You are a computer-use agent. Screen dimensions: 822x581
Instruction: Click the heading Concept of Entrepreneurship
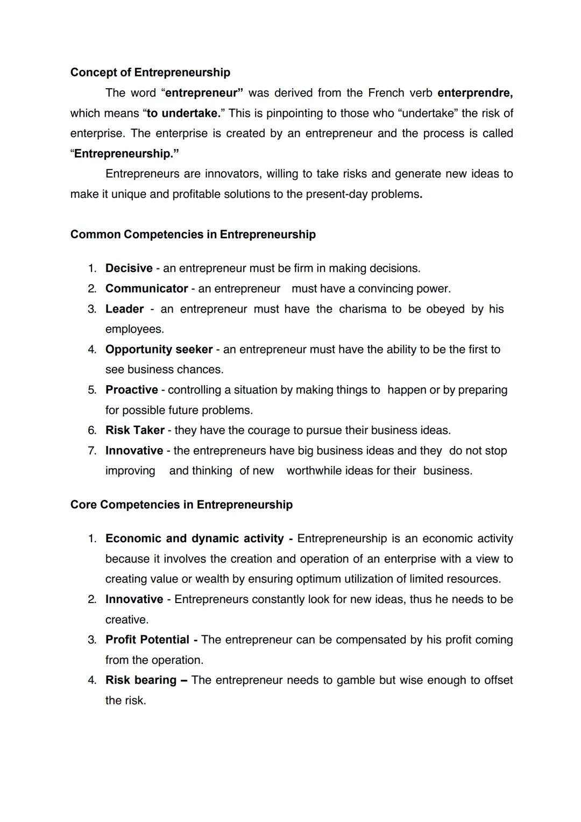[x=150, y=73]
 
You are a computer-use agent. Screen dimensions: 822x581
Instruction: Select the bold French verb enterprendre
[x=474, y=93]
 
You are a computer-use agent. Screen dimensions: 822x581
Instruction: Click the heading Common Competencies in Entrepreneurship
[x=193, y=235]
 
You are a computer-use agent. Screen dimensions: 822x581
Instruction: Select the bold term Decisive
[x=129, y=268]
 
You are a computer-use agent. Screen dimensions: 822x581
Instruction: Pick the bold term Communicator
[x=146, y=289]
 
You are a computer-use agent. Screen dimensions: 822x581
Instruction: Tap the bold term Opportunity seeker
[x=159, y=350]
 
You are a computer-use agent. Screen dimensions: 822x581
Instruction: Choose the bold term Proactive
[x=131, y=390]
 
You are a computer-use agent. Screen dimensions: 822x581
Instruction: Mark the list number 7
[x=91, y=451]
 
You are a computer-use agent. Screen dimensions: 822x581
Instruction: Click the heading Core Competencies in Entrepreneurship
[x=181, y=505]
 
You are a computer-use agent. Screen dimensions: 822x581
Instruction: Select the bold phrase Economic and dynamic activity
[x=194, y=538]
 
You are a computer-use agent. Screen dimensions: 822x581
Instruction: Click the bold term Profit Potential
[x=147, y=640]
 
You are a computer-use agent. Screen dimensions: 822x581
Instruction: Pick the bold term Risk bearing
[x=140, y=681]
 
